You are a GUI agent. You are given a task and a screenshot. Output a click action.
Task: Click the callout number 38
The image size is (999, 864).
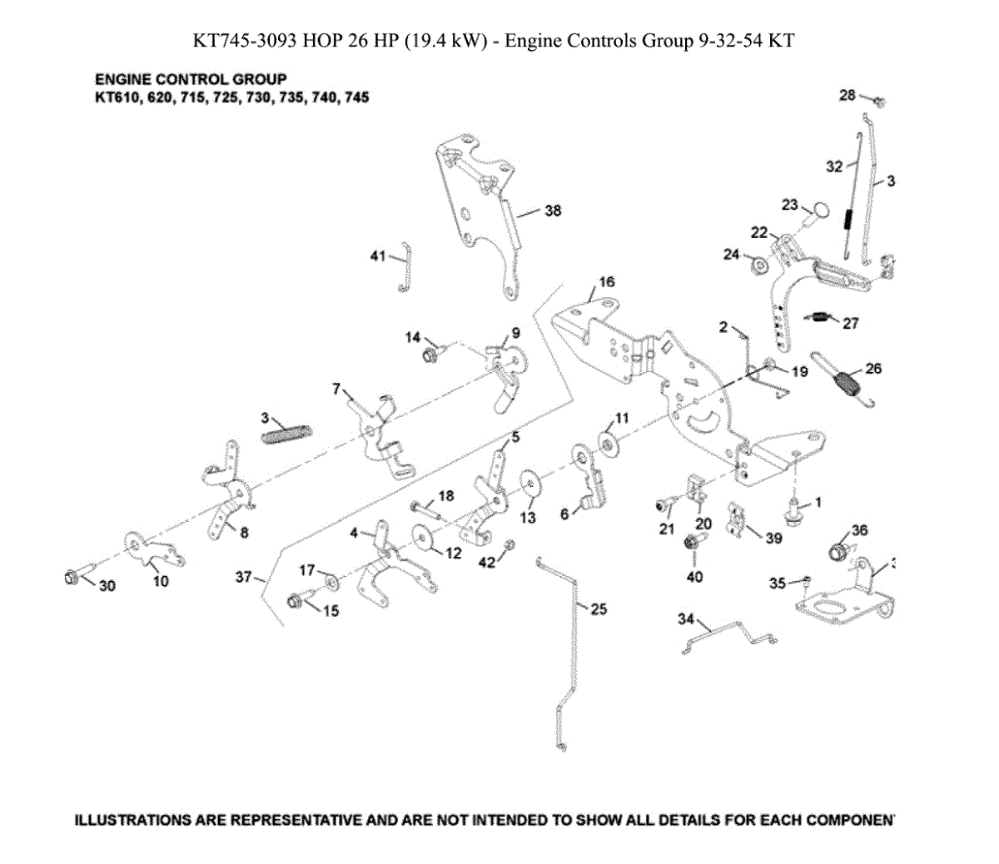coord(553,211)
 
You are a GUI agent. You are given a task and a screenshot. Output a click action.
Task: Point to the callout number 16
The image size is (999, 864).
coord(606,282)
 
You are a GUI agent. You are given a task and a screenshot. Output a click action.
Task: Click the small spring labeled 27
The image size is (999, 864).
coord(822,316)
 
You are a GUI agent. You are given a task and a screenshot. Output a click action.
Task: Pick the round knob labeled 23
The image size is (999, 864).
coord(819,211)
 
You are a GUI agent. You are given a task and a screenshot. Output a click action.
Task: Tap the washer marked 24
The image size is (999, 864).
coord(759,266)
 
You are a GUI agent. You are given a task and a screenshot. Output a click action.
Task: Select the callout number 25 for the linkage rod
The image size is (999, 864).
coord(599,609)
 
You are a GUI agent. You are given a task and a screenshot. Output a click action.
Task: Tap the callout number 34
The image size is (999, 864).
coord(685,619)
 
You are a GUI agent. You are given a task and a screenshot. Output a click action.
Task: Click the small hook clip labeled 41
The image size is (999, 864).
coord(405,266)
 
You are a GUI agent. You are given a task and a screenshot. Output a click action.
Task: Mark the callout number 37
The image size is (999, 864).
coord(243,576)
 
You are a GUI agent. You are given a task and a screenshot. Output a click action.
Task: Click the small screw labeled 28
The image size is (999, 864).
coord(878,102)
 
